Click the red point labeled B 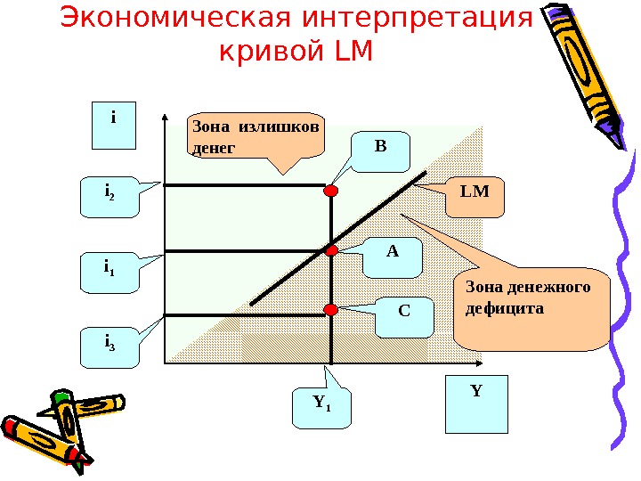(x=331, y=191)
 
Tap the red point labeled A (x=331, y=251)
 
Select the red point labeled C (x=331, y=309)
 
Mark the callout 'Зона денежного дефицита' (x=530, y=303)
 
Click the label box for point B (x=381, y=151)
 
